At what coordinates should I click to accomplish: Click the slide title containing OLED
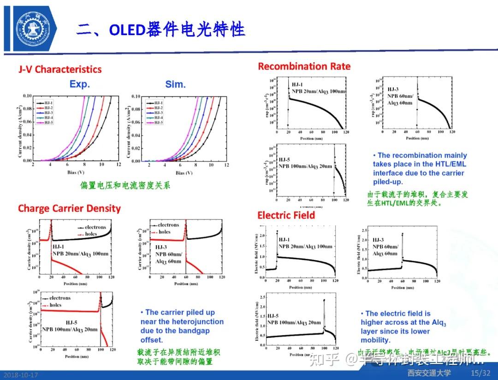click(160, 29)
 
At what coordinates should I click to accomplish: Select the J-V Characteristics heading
click(60, 69)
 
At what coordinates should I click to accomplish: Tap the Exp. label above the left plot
click(80, 84)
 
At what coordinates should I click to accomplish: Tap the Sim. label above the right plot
click(175, 84)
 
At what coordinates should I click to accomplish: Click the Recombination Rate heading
click(304, 66)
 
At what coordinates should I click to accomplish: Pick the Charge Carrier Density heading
click(69, 208)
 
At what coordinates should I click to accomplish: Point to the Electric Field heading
click(286, 215)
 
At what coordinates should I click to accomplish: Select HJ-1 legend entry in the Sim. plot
click(157, 103)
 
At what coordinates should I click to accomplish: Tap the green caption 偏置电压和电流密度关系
click(125, 185)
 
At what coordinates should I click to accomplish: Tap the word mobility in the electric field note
click(375, 340)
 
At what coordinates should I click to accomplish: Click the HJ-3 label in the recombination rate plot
click(393, 89)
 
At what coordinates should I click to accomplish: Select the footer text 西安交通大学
click(429, 373)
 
